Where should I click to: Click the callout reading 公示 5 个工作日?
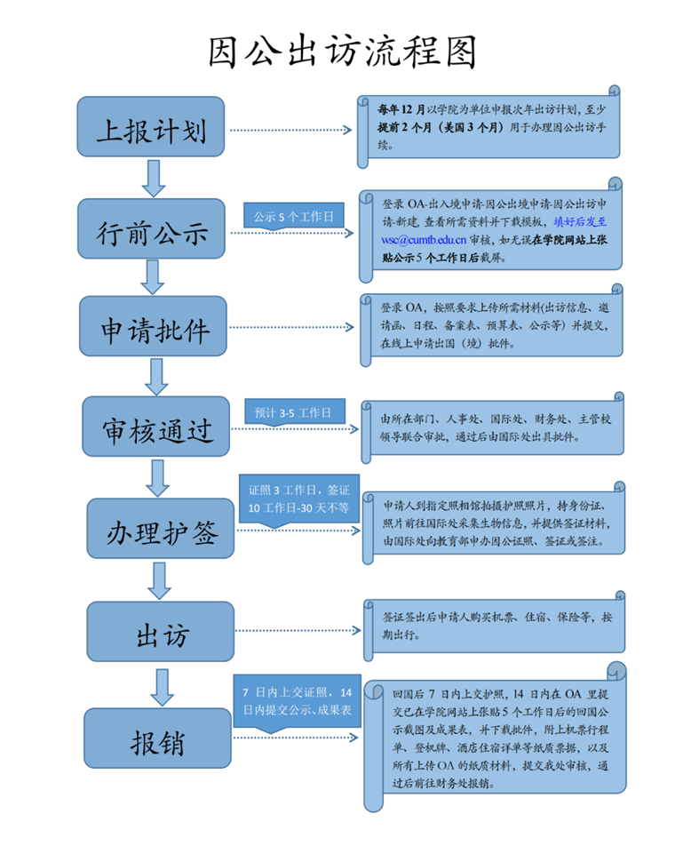294,216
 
